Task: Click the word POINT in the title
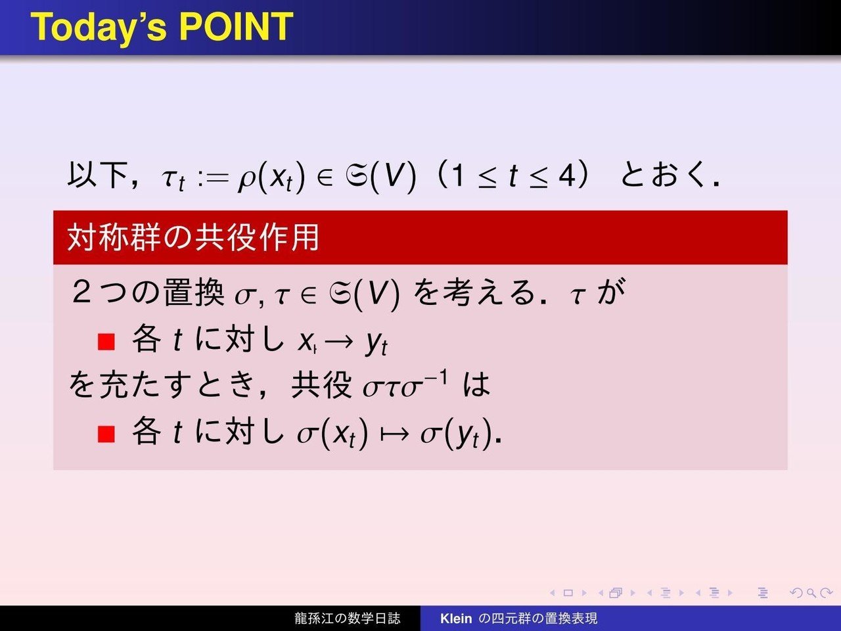click(x=236, y=26)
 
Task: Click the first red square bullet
click(x=106, y=342)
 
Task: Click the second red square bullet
click(x=106, y=434)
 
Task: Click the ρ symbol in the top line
click(x=246, y=180)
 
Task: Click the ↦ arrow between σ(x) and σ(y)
click(x=394, y=435)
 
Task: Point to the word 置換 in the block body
click(x=193, y=292)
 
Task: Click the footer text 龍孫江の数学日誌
click(x=347, y=618)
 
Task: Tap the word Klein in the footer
click(x=456, y=618)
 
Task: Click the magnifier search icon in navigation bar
click(x=811, y=593)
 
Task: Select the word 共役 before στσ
click(x=321, y=385)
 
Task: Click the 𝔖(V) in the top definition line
click(x=380, y=177)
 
